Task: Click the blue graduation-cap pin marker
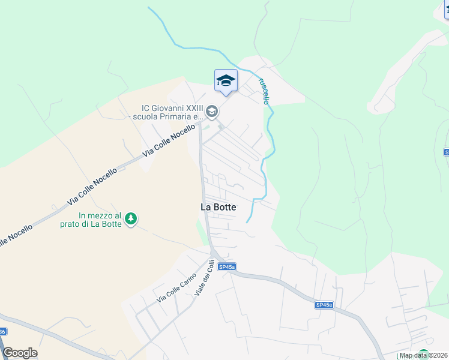226,80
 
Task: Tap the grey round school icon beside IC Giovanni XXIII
212,112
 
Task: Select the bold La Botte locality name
218,207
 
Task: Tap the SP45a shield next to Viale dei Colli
226,267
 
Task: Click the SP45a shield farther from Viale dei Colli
324,305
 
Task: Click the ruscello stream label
263,90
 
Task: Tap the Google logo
20,353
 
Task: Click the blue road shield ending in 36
2,332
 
